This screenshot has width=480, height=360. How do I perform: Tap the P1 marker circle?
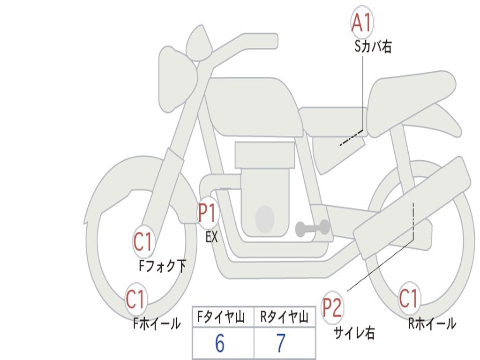208,214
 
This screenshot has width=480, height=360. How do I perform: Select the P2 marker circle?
333,308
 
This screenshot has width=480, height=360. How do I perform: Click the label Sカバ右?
373,47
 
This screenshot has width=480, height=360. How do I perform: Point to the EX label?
212,238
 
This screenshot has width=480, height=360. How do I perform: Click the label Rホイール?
432,323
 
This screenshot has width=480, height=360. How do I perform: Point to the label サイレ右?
354,333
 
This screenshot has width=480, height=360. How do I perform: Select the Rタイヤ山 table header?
285,318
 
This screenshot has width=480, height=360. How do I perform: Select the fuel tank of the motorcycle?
253,105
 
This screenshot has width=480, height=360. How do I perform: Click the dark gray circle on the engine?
264,217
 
